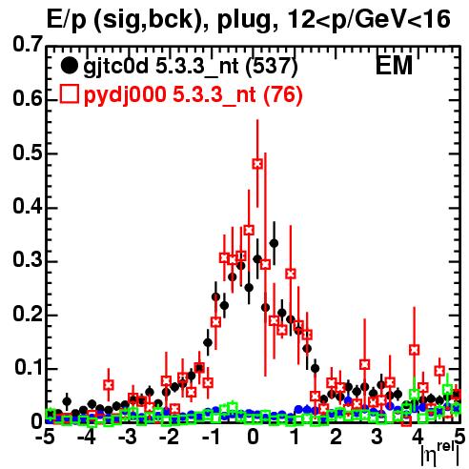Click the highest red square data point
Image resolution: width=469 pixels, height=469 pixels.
[x=257, y=164]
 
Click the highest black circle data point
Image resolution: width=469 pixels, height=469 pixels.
[x=274, y=243]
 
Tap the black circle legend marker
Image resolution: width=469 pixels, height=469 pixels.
[x=69, y=66]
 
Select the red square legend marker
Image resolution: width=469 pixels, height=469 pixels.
[x=69, y=94]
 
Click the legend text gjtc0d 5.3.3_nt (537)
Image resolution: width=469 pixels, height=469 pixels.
[x=191, y=67]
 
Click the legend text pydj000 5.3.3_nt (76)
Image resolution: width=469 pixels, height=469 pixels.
[x=193, y=94]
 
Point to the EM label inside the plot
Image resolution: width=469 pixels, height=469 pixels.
[x=394, y=66]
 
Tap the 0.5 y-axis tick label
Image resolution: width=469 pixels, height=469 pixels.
[x=28, y=153]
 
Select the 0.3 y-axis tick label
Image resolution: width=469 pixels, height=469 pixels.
[x=28, y=260]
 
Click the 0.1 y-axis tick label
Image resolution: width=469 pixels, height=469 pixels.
[x=29, y=367]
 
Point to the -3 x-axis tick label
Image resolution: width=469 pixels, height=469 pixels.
[x=128, y=438]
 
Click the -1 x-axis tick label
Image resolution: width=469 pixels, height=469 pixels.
[x=211, y=438]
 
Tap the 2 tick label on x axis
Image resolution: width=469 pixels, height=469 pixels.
[x=336, y=438]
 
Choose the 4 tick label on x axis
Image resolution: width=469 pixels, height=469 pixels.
[x=418, y=438]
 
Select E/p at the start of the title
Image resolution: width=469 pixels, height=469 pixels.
[x=67, y=20]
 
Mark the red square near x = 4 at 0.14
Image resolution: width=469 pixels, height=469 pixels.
[x=414, y=350]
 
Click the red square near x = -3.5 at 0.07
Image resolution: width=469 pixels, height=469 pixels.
[x=109, y=385]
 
